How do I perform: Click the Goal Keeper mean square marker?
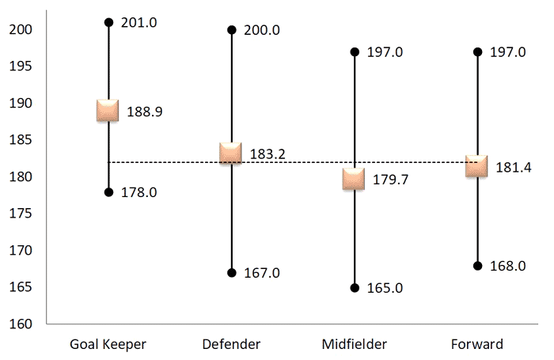(x=108, y=111)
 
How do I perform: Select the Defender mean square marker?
(x=230, y=153)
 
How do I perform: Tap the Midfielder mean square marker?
(x=354, y=179)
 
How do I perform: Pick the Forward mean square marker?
(x=476, y=166)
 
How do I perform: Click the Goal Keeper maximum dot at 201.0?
(x=108, y=22)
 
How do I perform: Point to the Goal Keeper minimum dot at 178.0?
(x=108, y=192)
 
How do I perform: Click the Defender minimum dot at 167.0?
(x=231, y=273)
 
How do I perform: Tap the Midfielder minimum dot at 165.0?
(x=354, y=288)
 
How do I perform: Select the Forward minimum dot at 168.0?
(x=476, y=266)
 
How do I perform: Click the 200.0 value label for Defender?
(x=262, y=30)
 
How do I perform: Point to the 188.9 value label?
(x=145, y=112)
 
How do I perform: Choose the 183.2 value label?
(x=268, y=155)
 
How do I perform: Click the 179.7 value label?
(x=391, y=180)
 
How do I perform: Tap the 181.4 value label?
(x=513, y=168)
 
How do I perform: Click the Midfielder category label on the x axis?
(x=354, y=344)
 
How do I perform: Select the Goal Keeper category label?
(x=108, y=344)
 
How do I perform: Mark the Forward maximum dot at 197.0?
(x=476, y=51)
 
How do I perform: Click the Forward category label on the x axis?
(x=476, y=344)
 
